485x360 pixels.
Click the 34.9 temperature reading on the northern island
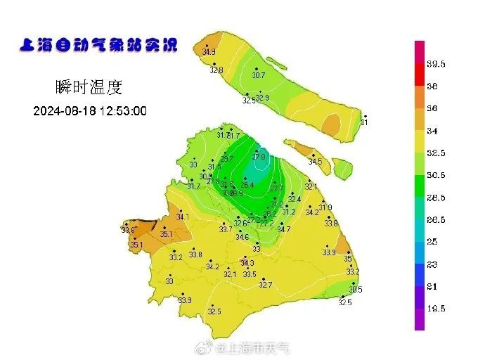point(209,52)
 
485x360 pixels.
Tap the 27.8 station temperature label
point(259,157)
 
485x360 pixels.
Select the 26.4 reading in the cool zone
point(247,186)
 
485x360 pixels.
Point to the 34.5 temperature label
point(315,162)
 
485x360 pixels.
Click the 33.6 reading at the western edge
point(128,230)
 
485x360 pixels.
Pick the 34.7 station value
point(283,230)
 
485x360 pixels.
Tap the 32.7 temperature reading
point(265,285)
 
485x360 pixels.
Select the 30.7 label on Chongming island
point(259,75)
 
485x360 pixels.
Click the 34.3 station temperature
point(247,263)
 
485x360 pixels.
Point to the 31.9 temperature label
point(325,207)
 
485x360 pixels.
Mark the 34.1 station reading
point(183,217)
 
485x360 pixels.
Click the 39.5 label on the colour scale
point(436,64)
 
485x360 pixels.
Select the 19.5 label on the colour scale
point(436,308)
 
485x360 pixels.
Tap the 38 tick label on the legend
point(432,86)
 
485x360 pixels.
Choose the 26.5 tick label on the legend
point(436,219)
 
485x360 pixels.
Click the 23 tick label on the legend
point(432,264)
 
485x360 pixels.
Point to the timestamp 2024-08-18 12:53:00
point(90,111)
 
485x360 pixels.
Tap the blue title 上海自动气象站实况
point(98,46)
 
